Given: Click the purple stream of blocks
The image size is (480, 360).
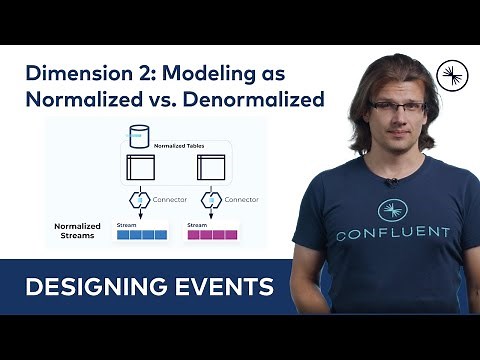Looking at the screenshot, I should (x=212, y=235).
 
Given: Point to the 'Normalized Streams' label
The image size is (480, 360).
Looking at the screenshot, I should (x=77, y=232).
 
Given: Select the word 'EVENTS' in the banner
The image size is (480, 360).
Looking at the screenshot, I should (x=220, y=288).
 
